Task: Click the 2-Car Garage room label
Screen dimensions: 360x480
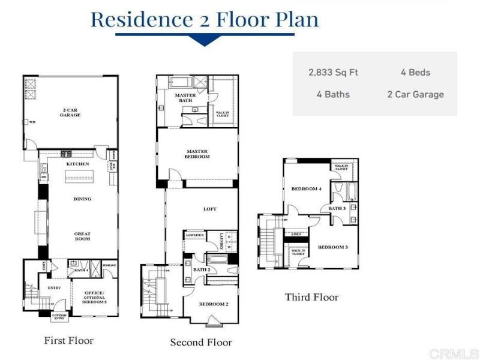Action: tap(71, 112)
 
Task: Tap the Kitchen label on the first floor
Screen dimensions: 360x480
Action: tap(78, 164)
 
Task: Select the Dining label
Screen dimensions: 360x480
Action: tap(82, 199)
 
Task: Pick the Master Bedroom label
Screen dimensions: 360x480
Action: tap(197, 154)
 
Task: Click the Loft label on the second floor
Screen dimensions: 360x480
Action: tap(210, 209)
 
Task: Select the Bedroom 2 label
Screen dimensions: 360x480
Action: tap(214, 304)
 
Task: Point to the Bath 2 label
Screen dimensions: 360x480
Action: tap(200, 270)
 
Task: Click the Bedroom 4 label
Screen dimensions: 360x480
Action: tap(307, 189)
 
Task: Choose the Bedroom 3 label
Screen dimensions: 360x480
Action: tap(332, 247)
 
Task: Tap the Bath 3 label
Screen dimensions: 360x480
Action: tap(337, 208)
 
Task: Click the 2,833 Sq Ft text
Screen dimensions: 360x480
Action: tap(333, 73)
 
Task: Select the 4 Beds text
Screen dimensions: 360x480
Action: tap(415, 73)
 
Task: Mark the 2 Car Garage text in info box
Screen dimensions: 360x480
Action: tap(415, 94)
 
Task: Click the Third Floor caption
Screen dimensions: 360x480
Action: tap(311, 297)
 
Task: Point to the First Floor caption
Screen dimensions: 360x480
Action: tap(69, 340)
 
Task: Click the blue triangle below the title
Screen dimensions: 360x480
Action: tap(205, 41)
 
